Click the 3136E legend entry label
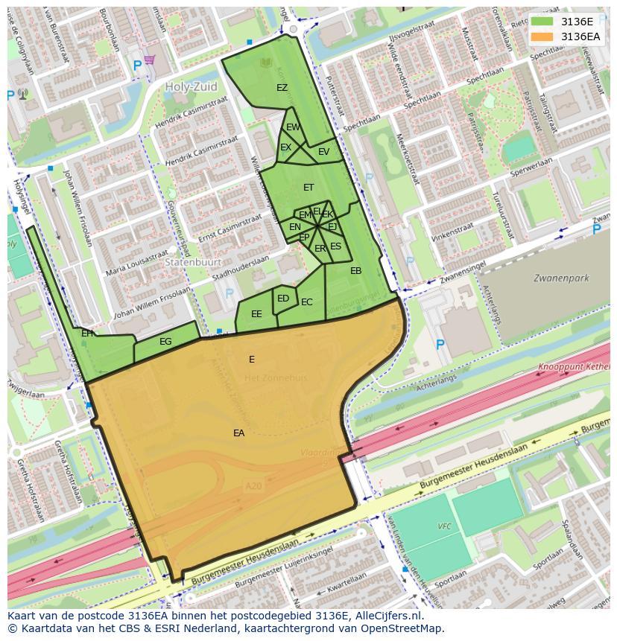click(x=577, y=21)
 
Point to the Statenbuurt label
click(x=190, y=263)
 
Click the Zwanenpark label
click(x=560, y=278)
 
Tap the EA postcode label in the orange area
click(x=238, y=433)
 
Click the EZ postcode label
click(x=282, y=88)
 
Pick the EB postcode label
click(x=355, y=271)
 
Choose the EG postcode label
click(x=165, y=342)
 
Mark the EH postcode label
click(x=87, y=334)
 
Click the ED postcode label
click(x=283, y=299)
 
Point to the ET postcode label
click(x=308, y=188)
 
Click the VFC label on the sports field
click(x=444, y=526)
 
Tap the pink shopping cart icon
click(x=150, y=59)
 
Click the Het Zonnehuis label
click(x=265, y=378)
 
